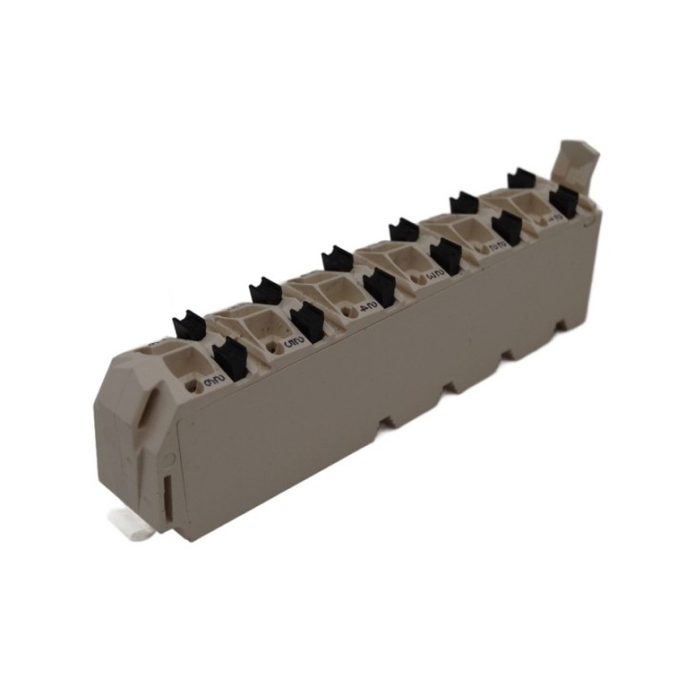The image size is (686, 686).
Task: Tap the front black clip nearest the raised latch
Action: point(563,201)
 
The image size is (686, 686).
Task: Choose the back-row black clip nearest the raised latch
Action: point(521,178)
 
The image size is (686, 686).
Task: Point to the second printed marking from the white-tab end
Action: point(292,335)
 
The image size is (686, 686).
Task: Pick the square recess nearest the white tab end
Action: point(189,364)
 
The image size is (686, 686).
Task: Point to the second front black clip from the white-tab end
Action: point(306,322)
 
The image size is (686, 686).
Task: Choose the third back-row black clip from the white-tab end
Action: point(337,258)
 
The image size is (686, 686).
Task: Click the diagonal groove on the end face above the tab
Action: point(143,410)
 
